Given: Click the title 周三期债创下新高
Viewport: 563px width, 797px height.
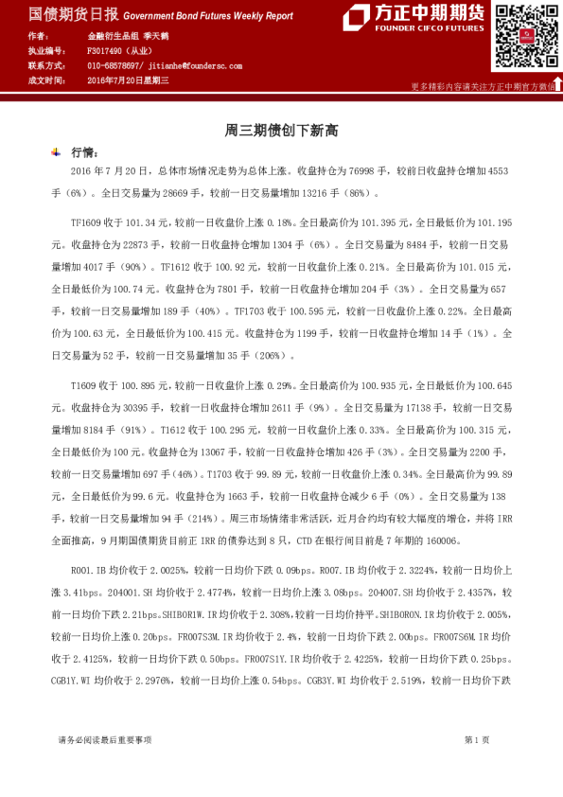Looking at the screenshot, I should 281,131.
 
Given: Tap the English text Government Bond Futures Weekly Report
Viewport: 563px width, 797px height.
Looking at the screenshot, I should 208,16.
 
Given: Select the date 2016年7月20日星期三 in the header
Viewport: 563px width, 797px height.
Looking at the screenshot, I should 127,81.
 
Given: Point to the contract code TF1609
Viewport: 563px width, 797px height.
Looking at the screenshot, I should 86,222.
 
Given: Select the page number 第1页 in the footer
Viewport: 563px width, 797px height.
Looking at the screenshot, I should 477,739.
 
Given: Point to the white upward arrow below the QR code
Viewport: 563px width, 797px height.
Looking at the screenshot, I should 557,84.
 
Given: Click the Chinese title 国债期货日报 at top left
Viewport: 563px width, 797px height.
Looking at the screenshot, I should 60,15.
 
